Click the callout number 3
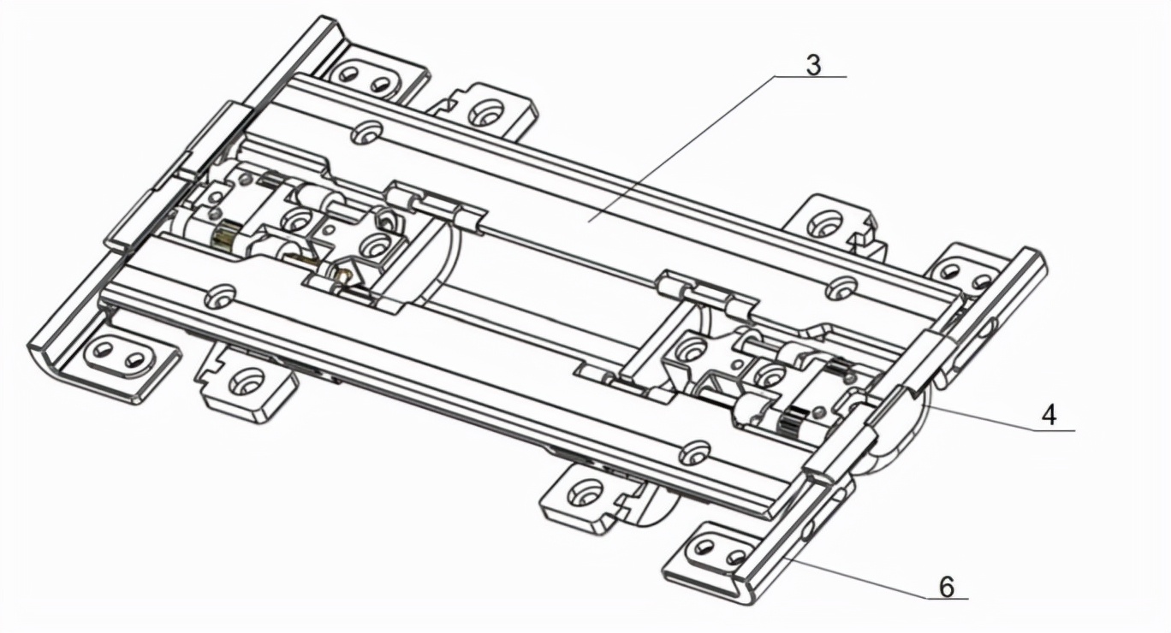(x=813, y=65)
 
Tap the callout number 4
(x=1049, y=416)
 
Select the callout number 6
(x=946, y=587)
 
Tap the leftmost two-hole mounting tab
(x=122, y=356)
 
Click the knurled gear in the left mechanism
(x=227, y=235)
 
